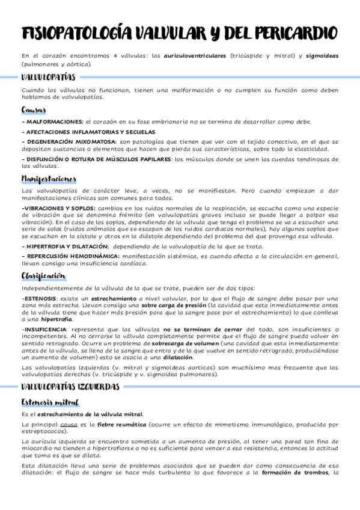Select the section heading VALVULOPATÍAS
(x=48, y=78)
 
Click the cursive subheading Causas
(x=34, y=110)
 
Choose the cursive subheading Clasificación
(x=43, y=275)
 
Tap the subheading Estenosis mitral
(x=50, y=402)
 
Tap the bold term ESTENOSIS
(x=40, y=298)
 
